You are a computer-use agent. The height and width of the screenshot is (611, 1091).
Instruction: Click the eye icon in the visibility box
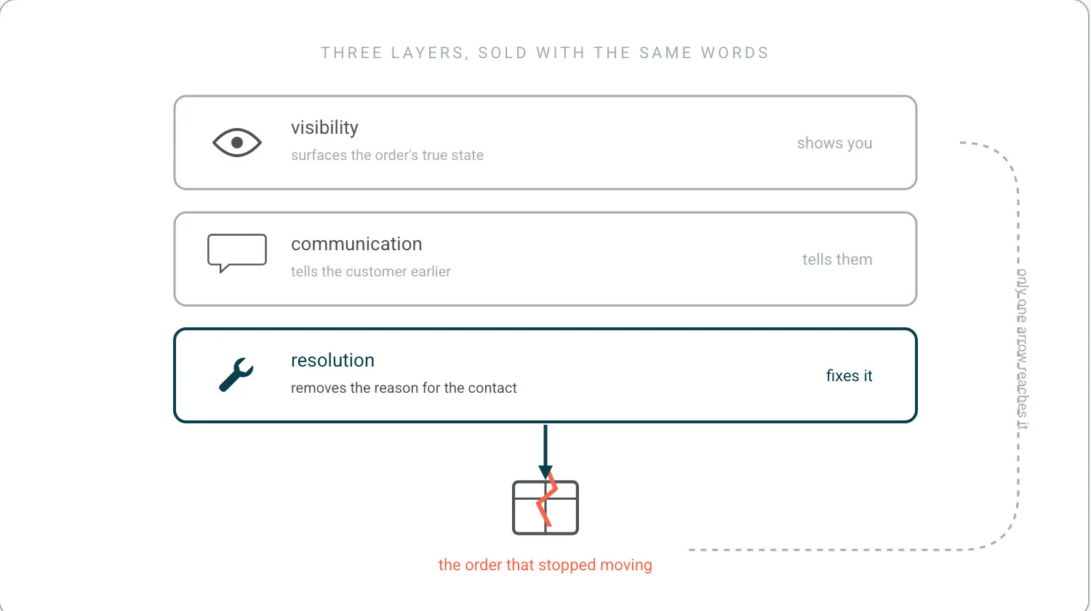click(237, 143)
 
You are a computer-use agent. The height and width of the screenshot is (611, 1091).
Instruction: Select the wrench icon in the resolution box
click(236, 375)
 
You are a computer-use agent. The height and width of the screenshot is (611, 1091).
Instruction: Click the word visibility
click(325, 128)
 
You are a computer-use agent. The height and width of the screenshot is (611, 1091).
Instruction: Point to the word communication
click(356, 244)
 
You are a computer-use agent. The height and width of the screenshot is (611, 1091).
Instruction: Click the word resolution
click(332, 361)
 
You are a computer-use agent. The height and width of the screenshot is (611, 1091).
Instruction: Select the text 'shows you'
click(835, 143)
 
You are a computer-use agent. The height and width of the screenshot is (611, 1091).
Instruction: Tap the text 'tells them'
click(837, 259)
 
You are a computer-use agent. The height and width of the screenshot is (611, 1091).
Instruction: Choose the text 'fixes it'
click(850, 375)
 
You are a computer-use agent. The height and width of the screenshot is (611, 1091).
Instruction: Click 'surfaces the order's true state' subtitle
click(387, 155)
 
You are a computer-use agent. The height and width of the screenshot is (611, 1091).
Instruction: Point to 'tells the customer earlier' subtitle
click(371, 271)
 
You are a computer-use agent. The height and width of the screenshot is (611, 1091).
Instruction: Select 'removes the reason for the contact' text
click(404, 388)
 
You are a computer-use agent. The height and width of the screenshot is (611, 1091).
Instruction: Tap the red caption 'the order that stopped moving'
click(545, 564)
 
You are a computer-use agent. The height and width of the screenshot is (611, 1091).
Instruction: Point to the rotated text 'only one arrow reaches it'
click(1023, 349)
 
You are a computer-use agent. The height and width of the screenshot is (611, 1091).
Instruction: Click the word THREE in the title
click(351, 52)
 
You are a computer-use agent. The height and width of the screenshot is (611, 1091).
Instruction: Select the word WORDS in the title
click(735, 52)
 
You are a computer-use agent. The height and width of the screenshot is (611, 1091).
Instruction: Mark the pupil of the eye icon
click(237, 143)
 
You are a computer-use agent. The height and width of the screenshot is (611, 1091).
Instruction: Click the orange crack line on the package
click(547, 500)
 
